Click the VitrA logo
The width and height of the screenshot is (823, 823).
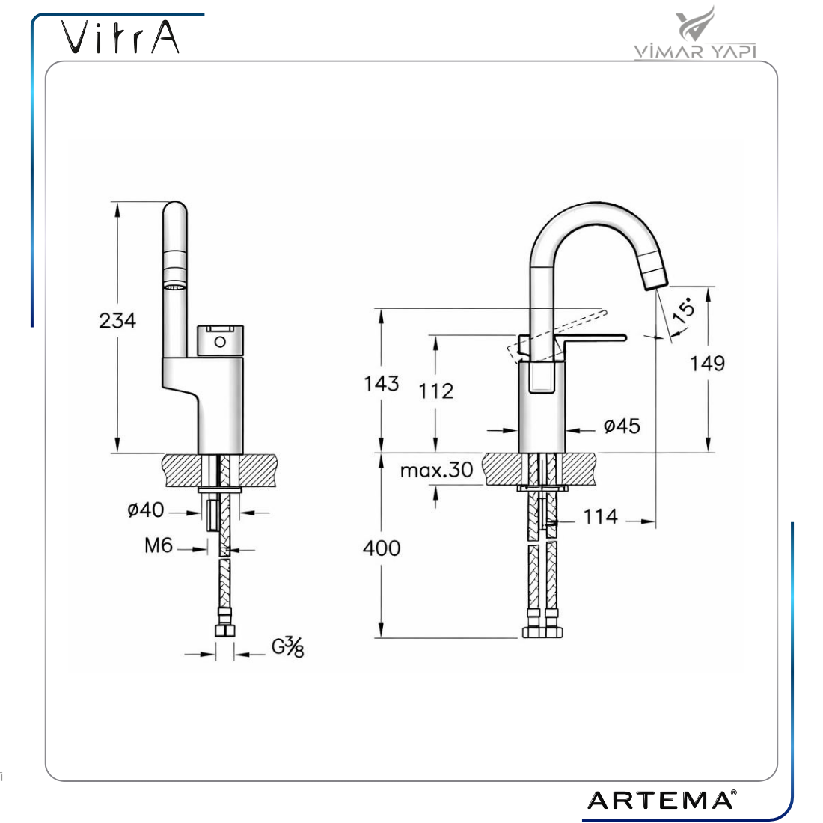pyautogui.click(x=120, y=37)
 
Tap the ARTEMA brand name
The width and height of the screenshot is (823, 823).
pyautogui.click(x=661, y=801)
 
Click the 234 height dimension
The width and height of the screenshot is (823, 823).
pyautogui.click(x=117, y=320)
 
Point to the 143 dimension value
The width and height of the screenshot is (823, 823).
pyautogui.click(x=382, y=383)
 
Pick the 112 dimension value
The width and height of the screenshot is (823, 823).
pyautogui.click(x=435, y=391)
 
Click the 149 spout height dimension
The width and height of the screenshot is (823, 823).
pyautogui.click(x=708, y=363)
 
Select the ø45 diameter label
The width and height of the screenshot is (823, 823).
pyautogui.click(x=622, y=426)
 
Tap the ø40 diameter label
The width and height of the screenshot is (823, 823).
pyautogui.click(x=146, y=509)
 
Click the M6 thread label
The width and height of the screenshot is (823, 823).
pyautogui.click(x=159, y=545)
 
